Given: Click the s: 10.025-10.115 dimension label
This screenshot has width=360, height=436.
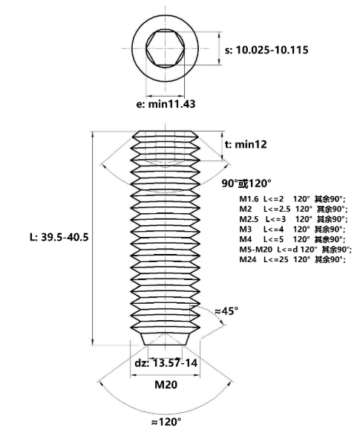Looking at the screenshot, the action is coord(266,50).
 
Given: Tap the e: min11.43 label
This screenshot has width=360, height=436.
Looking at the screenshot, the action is coord(166,104).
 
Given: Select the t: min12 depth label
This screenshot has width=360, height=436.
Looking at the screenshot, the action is coord(246,144).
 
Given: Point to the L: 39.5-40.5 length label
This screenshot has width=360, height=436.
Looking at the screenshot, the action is coord(59,237).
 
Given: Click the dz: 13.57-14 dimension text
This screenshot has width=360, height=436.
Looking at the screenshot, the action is coord(166,363).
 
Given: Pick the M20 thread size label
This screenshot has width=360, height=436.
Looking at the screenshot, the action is coord(166,385).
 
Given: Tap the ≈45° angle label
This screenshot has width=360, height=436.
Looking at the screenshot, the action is coord(226,311).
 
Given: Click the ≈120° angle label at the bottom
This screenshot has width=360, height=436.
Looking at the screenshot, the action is coord(166,422).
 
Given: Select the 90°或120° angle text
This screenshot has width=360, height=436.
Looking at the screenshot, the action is coord(246,183).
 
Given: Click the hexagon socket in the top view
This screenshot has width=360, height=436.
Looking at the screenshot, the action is coord(166,48).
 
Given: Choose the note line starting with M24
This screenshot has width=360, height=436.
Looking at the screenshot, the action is coord(292,259).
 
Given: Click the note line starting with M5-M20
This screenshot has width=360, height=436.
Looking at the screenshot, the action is coord(295,250).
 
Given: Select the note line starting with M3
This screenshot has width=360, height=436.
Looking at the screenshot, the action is coord(292,230).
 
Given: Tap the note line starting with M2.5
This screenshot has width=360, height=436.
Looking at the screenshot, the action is coord(293,219).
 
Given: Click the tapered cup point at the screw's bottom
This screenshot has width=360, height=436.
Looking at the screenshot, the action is coord(166,339).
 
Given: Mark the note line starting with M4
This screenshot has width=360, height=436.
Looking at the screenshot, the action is coord(292,239).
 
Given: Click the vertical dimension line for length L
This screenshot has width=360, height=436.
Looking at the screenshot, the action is coord(93,238).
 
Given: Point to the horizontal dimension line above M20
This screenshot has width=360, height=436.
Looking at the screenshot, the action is coord(165,375).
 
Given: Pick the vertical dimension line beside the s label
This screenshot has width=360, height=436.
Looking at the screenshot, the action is coord(220,48).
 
